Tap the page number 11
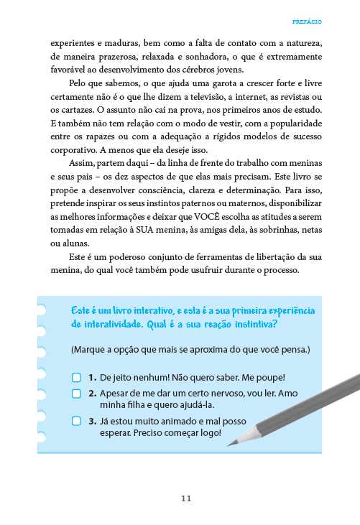click(186, 498)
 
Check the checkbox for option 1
click(76, 377)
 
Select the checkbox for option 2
click(76, 394)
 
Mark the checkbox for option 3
click(76, 422)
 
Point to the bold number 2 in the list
click(93, 394)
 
